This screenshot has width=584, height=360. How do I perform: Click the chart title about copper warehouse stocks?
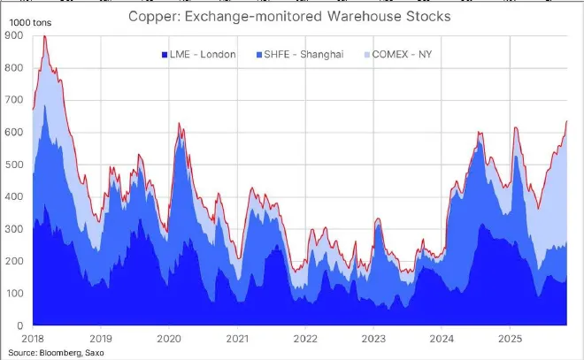tap(288, 15)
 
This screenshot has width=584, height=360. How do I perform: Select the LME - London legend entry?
tap(198, 55)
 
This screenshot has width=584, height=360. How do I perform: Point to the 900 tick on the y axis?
tap(13, 35)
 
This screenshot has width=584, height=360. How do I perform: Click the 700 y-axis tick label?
tap(13, 100)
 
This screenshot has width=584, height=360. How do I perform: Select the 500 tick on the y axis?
tap(13, 165)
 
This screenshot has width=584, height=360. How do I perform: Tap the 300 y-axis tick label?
tap(13, 229)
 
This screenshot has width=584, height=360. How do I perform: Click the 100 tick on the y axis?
tap(13, 294)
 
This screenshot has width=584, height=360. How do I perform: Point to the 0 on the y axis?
tap(19, 326)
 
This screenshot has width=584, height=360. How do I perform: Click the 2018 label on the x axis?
tap(33, 338)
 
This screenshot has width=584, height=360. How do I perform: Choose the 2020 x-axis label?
tap(169, 338)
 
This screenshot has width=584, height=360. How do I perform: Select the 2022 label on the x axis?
tap(305, 338)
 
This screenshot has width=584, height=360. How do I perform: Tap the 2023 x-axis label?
tap(373, 338)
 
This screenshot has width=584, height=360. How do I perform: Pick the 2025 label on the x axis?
tap(510, 338)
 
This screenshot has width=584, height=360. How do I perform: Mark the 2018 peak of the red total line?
tap(45, 36)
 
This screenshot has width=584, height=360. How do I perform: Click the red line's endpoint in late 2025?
tap(566, 121)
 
